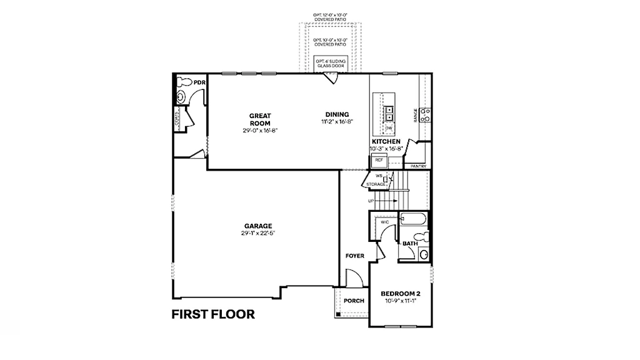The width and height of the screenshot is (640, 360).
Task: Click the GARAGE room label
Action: click(258, 226)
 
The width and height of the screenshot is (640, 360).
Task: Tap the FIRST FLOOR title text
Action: click(213, 314)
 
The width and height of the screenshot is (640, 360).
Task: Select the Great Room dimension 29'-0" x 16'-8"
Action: click(260, 131)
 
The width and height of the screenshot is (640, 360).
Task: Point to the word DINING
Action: click(337, 114)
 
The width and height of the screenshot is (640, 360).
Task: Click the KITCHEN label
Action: click(386, 142)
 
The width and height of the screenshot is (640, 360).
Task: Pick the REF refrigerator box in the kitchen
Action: click(379, 160)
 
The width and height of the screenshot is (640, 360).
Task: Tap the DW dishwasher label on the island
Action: click(389, 127)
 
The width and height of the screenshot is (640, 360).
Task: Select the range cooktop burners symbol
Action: click(424, 115)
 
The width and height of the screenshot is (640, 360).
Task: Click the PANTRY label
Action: click(418, 166)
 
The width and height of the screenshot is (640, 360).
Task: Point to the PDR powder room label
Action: click(199, 82)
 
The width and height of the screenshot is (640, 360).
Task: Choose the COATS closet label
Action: click(177, 119)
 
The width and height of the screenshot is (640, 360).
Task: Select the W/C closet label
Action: click(385, 221)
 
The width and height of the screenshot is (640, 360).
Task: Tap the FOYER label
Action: click(355, 256)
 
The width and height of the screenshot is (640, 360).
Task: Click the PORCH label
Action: click(354, 301)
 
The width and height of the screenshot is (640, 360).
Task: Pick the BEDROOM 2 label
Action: click(401, 294)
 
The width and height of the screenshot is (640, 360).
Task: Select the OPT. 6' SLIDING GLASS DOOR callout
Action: click(326, 63)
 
